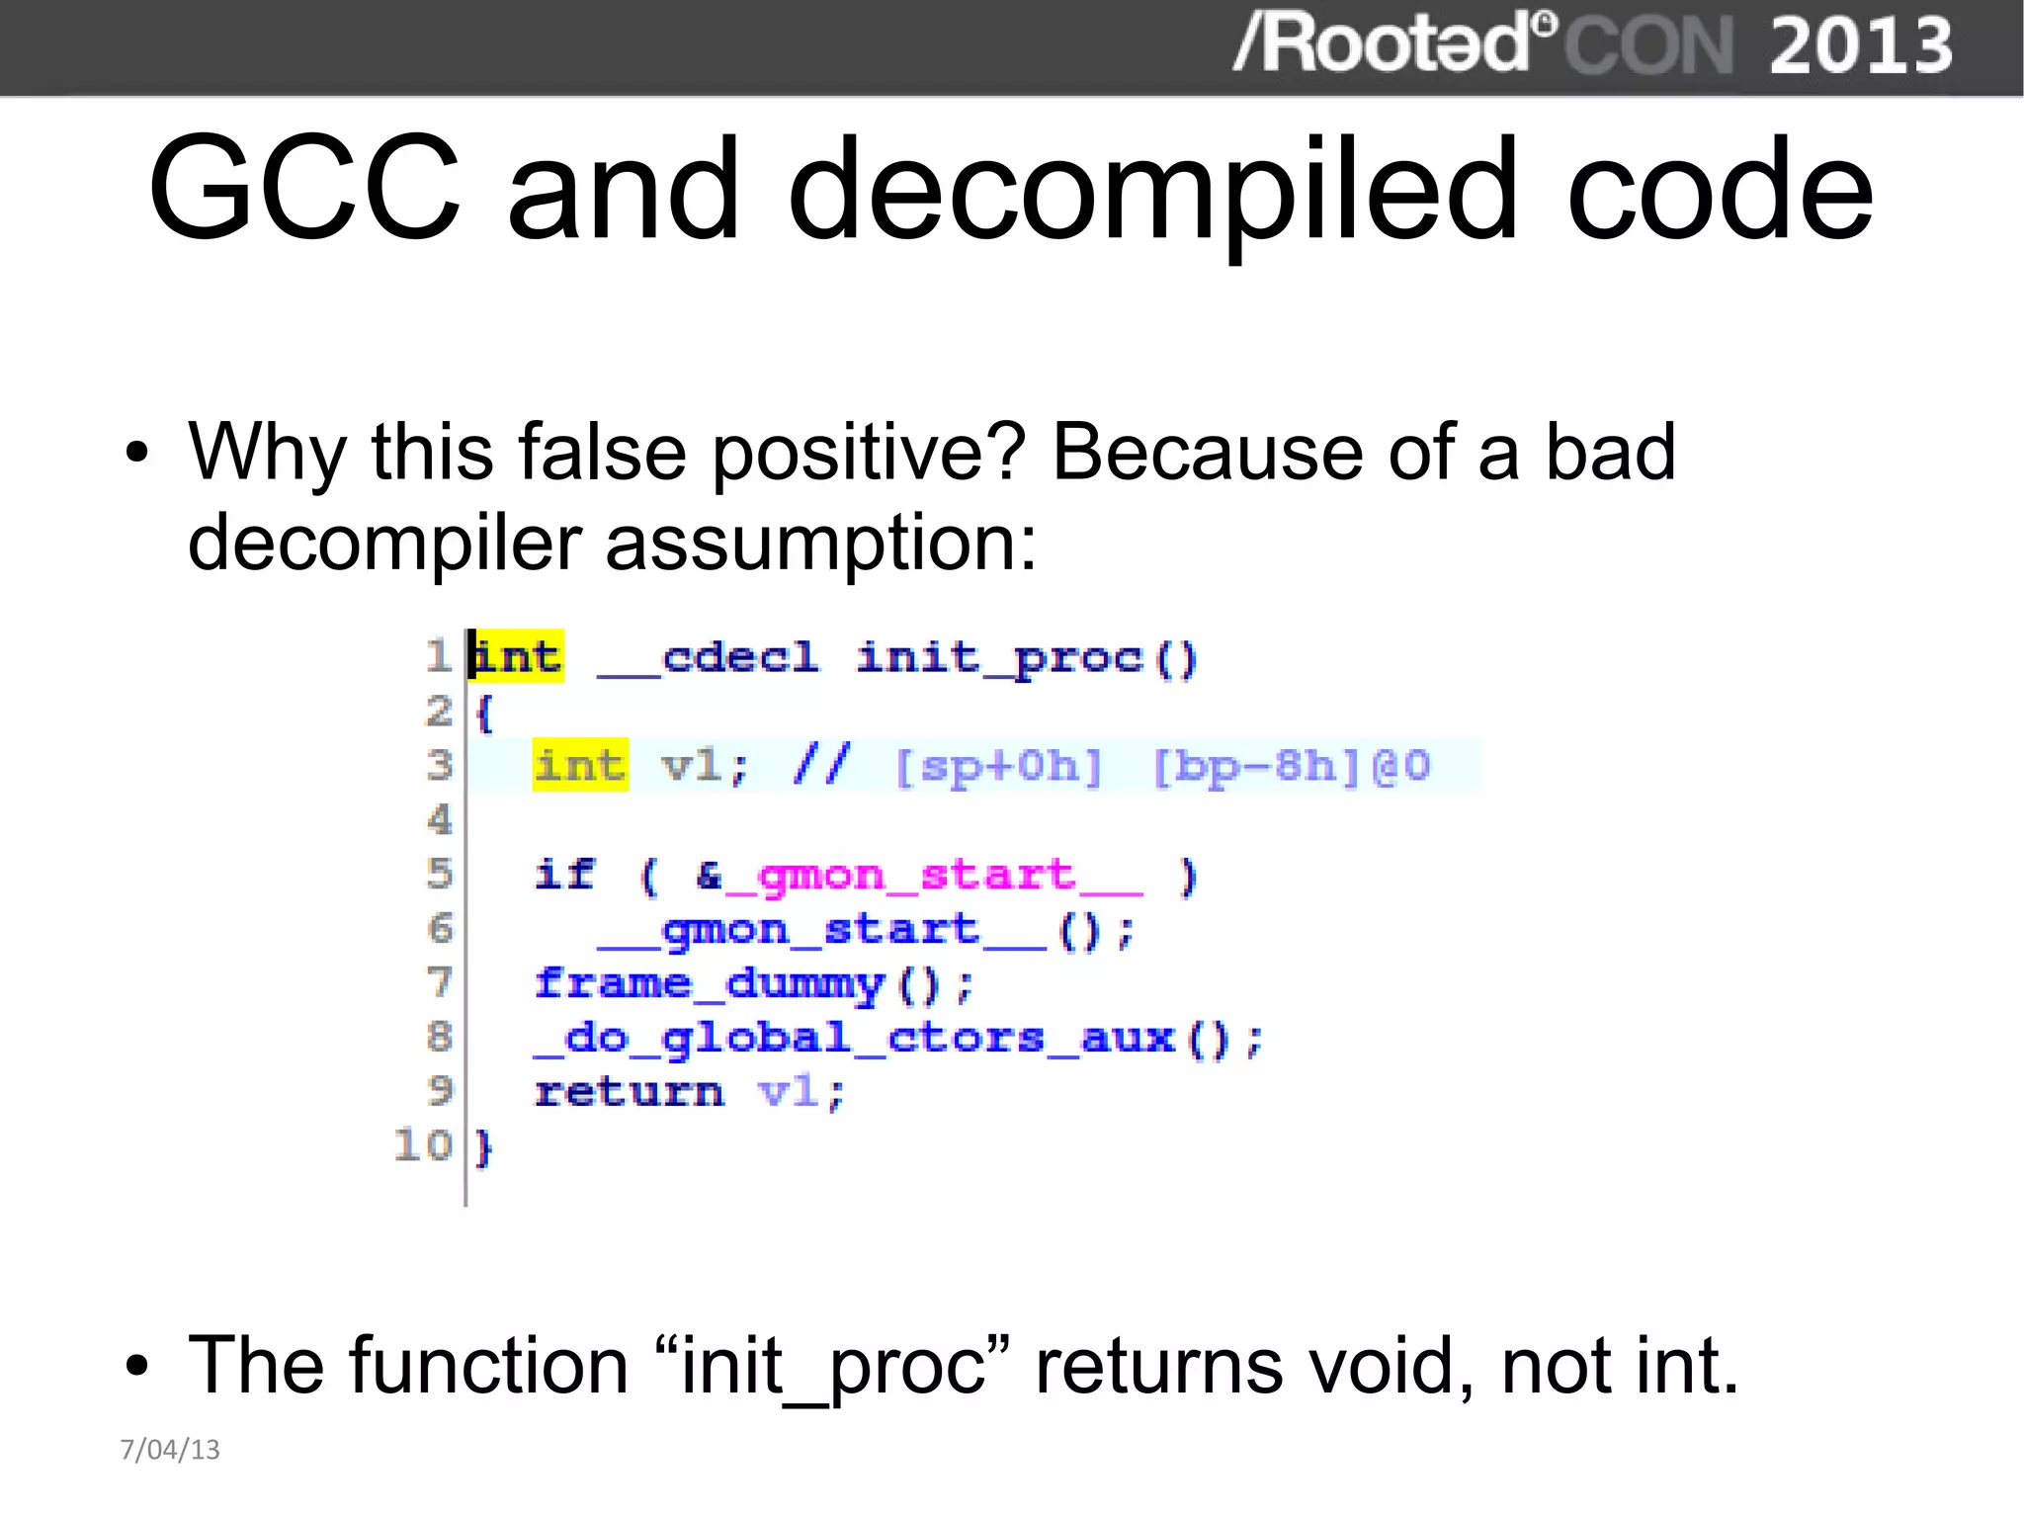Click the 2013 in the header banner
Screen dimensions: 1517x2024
1860,46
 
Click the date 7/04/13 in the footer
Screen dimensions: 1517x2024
170,1449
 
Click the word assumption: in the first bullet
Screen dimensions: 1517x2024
820,544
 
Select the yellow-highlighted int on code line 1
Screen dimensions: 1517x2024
516,656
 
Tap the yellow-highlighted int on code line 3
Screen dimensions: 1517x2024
580,765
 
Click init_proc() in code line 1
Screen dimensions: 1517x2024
1027,658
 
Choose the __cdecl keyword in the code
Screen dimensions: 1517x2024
709,658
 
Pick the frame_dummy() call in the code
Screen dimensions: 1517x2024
753,984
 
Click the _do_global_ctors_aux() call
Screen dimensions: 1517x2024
897,1039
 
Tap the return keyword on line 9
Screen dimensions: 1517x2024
630,1092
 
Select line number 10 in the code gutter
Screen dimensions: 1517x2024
422,1145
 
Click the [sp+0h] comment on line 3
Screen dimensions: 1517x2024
998,767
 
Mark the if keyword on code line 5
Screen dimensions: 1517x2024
564,875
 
